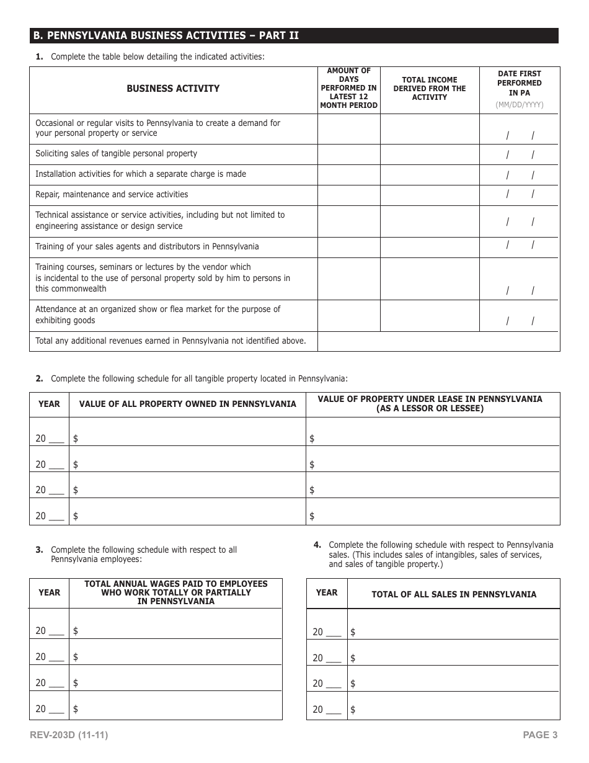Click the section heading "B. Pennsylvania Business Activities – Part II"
[x=166, y=35]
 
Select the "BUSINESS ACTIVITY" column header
[x=173, y=89]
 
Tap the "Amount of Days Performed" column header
[x=348, y=88]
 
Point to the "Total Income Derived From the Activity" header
[x=429, y=89]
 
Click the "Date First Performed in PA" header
[x=520, y=83]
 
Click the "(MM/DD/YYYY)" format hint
[x=520, y=105]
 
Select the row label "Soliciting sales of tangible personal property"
[x=116, y=154]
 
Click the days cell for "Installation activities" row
[x=348, y=174]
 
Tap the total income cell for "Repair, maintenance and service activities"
[x=429, y=195]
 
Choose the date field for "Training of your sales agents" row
[x=520, y=246]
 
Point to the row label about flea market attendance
[x=157, y=315]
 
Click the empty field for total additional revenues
[x=438, y=341]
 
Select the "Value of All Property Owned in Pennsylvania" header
[x=187, y=404]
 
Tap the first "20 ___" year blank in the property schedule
[x=50, y=439]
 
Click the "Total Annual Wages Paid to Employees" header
[x=175, y=592]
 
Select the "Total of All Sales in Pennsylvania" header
[x=454, y=594]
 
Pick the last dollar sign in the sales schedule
[x=353, y=710]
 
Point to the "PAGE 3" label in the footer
[x=540, y=736]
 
